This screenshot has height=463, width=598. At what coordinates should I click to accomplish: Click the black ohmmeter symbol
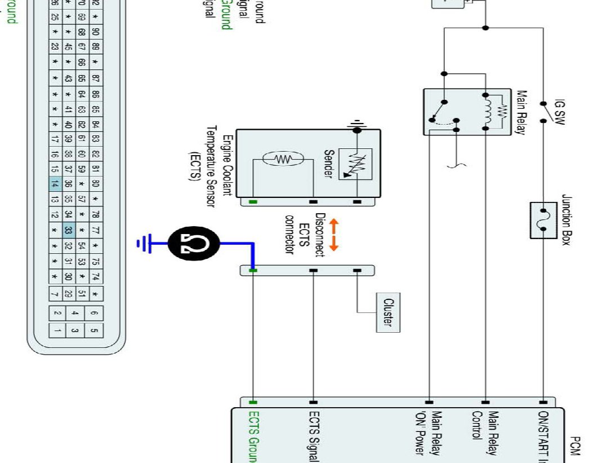(194, 243)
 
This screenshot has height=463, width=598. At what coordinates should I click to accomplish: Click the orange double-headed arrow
(334, 235)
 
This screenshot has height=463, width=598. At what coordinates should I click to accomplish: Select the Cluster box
(389, 313)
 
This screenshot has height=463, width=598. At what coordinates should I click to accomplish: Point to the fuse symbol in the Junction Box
(544, 221)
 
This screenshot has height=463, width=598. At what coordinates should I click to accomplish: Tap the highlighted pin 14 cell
(55, 183)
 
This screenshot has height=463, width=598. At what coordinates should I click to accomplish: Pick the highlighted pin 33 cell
(68, 230)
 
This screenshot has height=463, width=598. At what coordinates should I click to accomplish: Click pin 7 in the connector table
(55, 294)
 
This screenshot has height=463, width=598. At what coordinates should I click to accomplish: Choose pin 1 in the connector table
(57, 330)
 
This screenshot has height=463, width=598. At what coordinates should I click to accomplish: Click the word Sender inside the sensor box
(328, 164)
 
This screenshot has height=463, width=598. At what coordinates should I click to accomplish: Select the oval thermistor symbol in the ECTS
(284, 159)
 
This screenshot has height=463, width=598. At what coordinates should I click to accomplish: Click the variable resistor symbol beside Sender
(355, 164)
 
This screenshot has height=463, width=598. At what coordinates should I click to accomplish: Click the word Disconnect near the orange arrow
(320, 235)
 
